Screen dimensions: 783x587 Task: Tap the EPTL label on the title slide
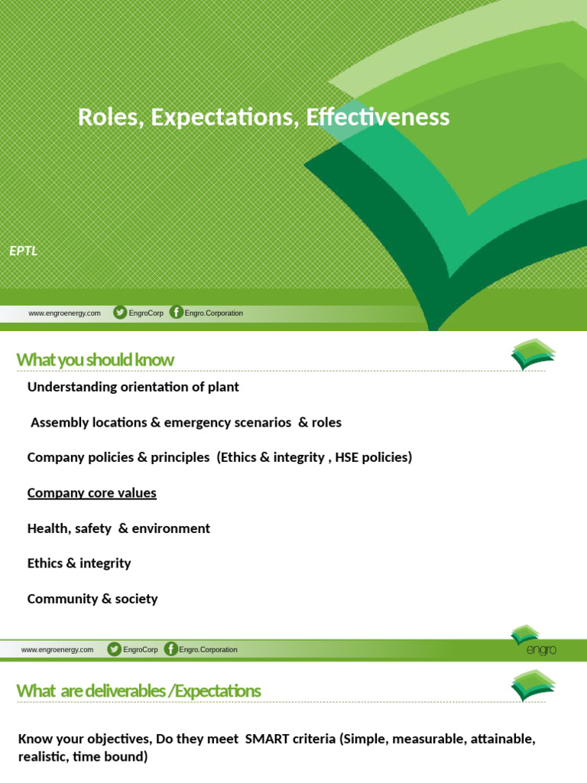click(x=24, y=250)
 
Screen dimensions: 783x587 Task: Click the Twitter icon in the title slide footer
click(x=120, y=313)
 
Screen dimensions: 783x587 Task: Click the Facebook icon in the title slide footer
click(x=177, y=313)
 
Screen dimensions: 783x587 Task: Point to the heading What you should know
click(x=96, y=359)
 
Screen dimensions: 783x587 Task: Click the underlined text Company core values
click(x=92, y=493)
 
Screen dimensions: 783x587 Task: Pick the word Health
click(x=47, y=528)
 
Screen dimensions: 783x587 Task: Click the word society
click(x=136, y=599)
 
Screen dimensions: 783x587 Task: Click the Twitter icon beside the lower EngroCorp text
click(x=114, y=649)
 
